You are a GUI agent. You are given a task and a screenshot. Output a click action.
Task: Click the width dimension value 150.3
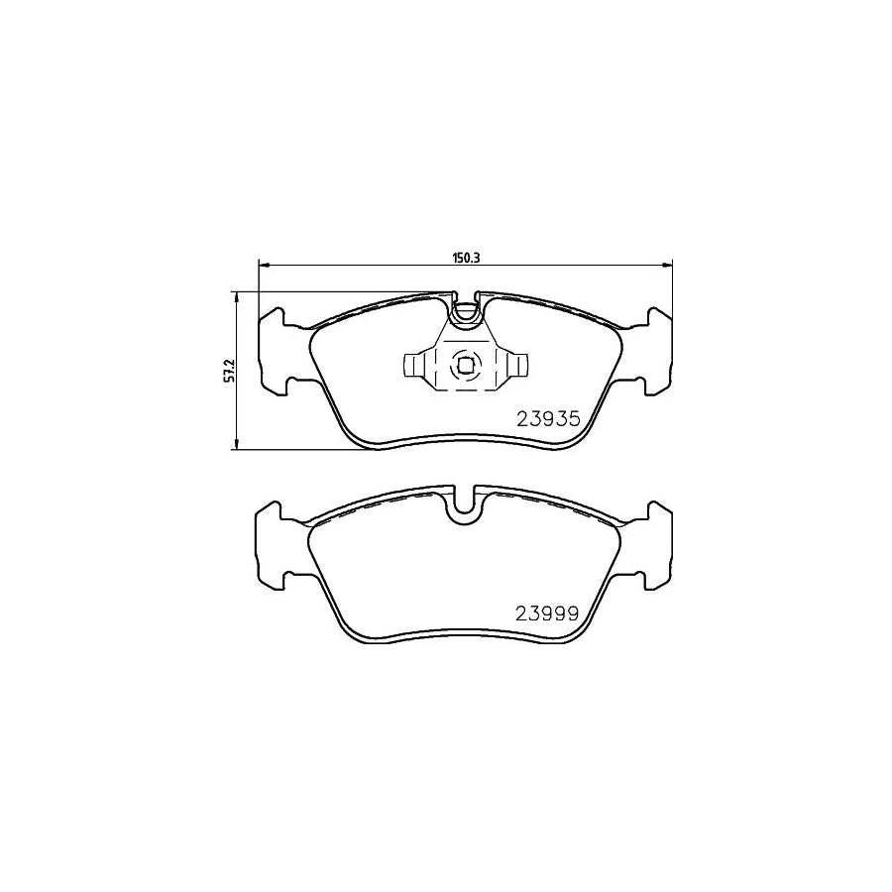point(465,258)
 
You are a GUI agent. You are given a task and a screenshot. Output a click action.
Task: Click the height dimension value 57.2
point(228,370)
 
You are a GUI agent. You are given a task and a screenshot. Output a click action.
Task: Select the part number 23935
point(546,418)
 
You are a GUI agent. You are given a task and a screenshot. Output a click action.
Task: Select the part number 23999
point(546,612)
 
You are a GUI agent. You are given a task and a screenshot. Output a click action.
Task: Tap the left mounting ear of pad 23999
point(274,544)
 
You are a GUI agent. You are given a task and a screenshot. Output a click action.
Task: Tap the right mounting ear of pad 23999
point(655,544)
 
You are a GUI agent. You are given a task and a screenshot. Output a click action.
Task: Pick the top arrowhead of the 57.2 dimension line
point(236,295)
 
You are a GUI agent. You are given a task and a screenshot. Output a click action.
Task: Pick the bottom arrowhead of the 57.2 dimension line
point(236,445)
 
